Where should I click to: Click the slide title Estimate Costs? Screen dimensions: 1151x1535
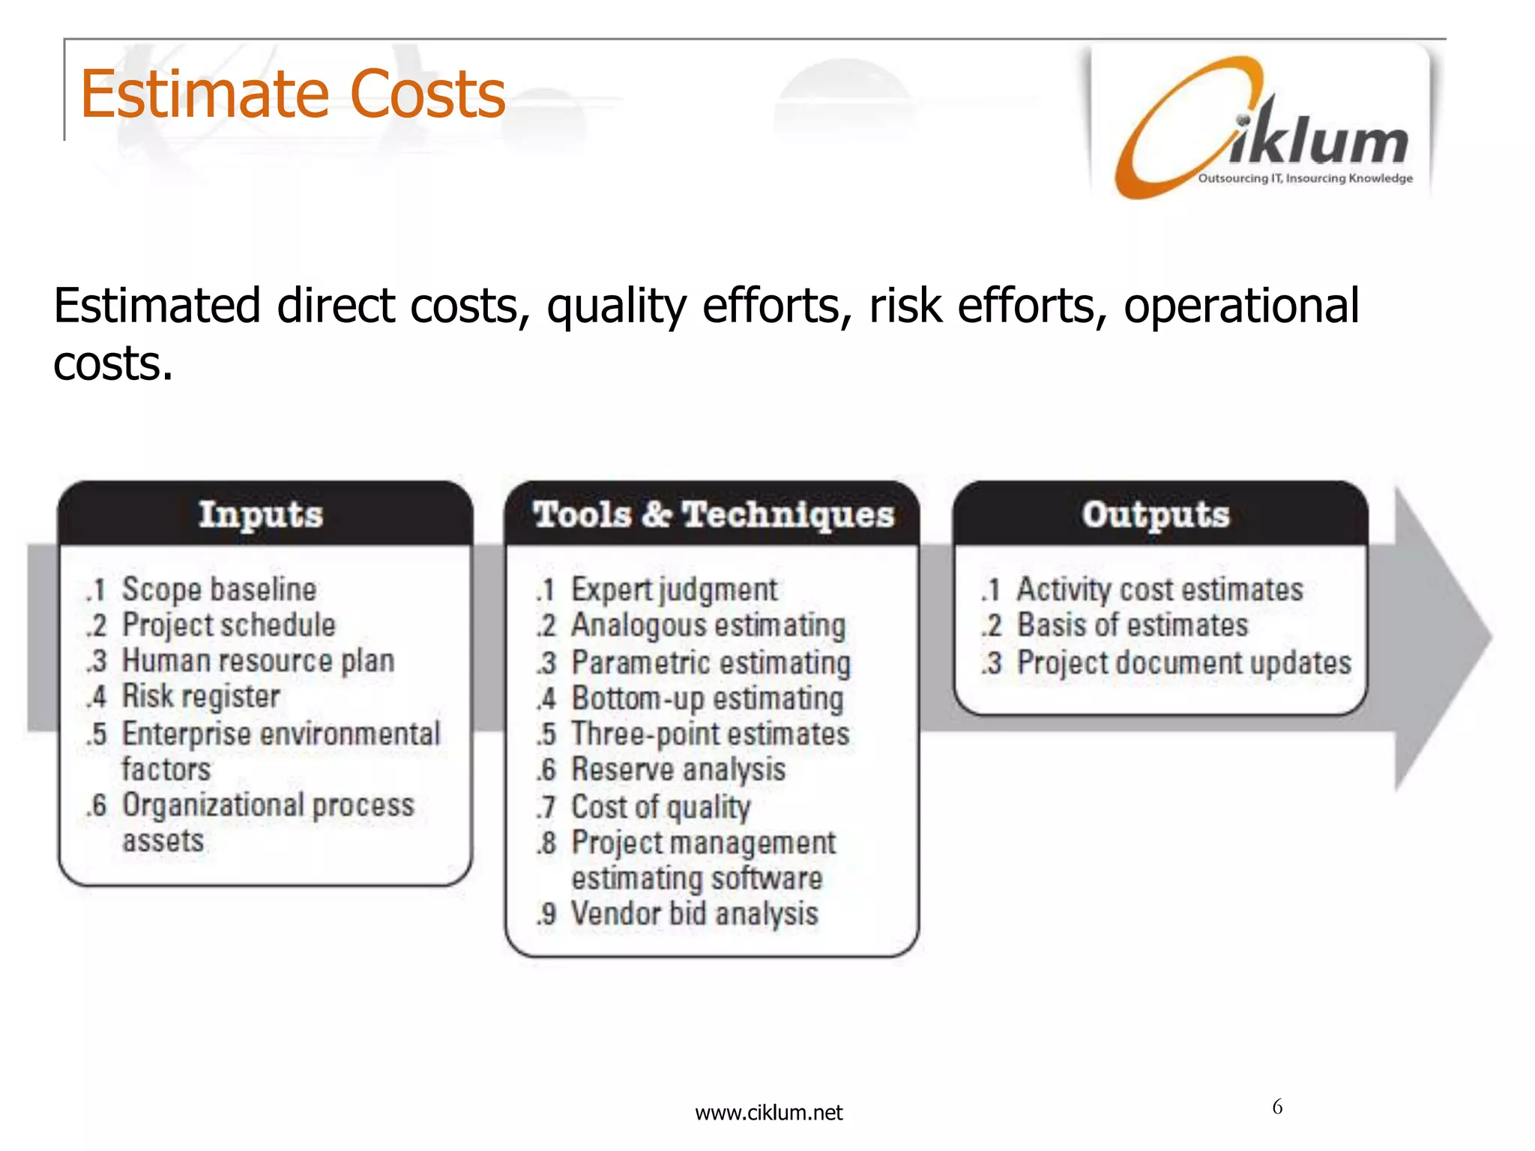click(292, 94)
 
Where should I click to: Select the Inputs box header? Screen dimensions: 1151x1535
click(261, 515)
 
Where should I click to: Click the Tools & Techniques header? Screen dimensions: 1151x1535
click(713, 515)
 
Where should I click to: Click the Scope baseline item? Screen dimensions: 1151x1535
click(219, 590)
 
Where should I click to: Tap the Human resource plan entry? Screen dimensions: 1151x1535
click(258, 661)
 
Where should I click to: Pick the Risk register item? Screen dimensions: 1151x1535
click(201, 696)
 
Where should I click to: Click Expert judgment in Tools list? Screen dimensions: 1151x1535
click(674, 590)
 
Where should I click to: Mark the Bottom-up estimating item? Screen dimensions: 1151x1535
click(708, 698)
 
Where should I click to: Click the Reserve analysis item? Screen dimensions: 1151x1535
click(678, 770)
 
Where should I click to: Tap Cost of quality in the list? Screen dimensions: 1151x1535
click(660, 807)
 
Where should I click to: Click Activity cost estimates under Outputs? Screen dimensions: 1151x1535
click(1159, 590)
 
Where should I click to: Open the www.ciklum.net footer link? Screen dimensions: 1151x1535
click(768, 1113)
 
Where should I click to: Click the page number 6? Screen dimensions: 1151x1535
click(1277, 1107)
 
